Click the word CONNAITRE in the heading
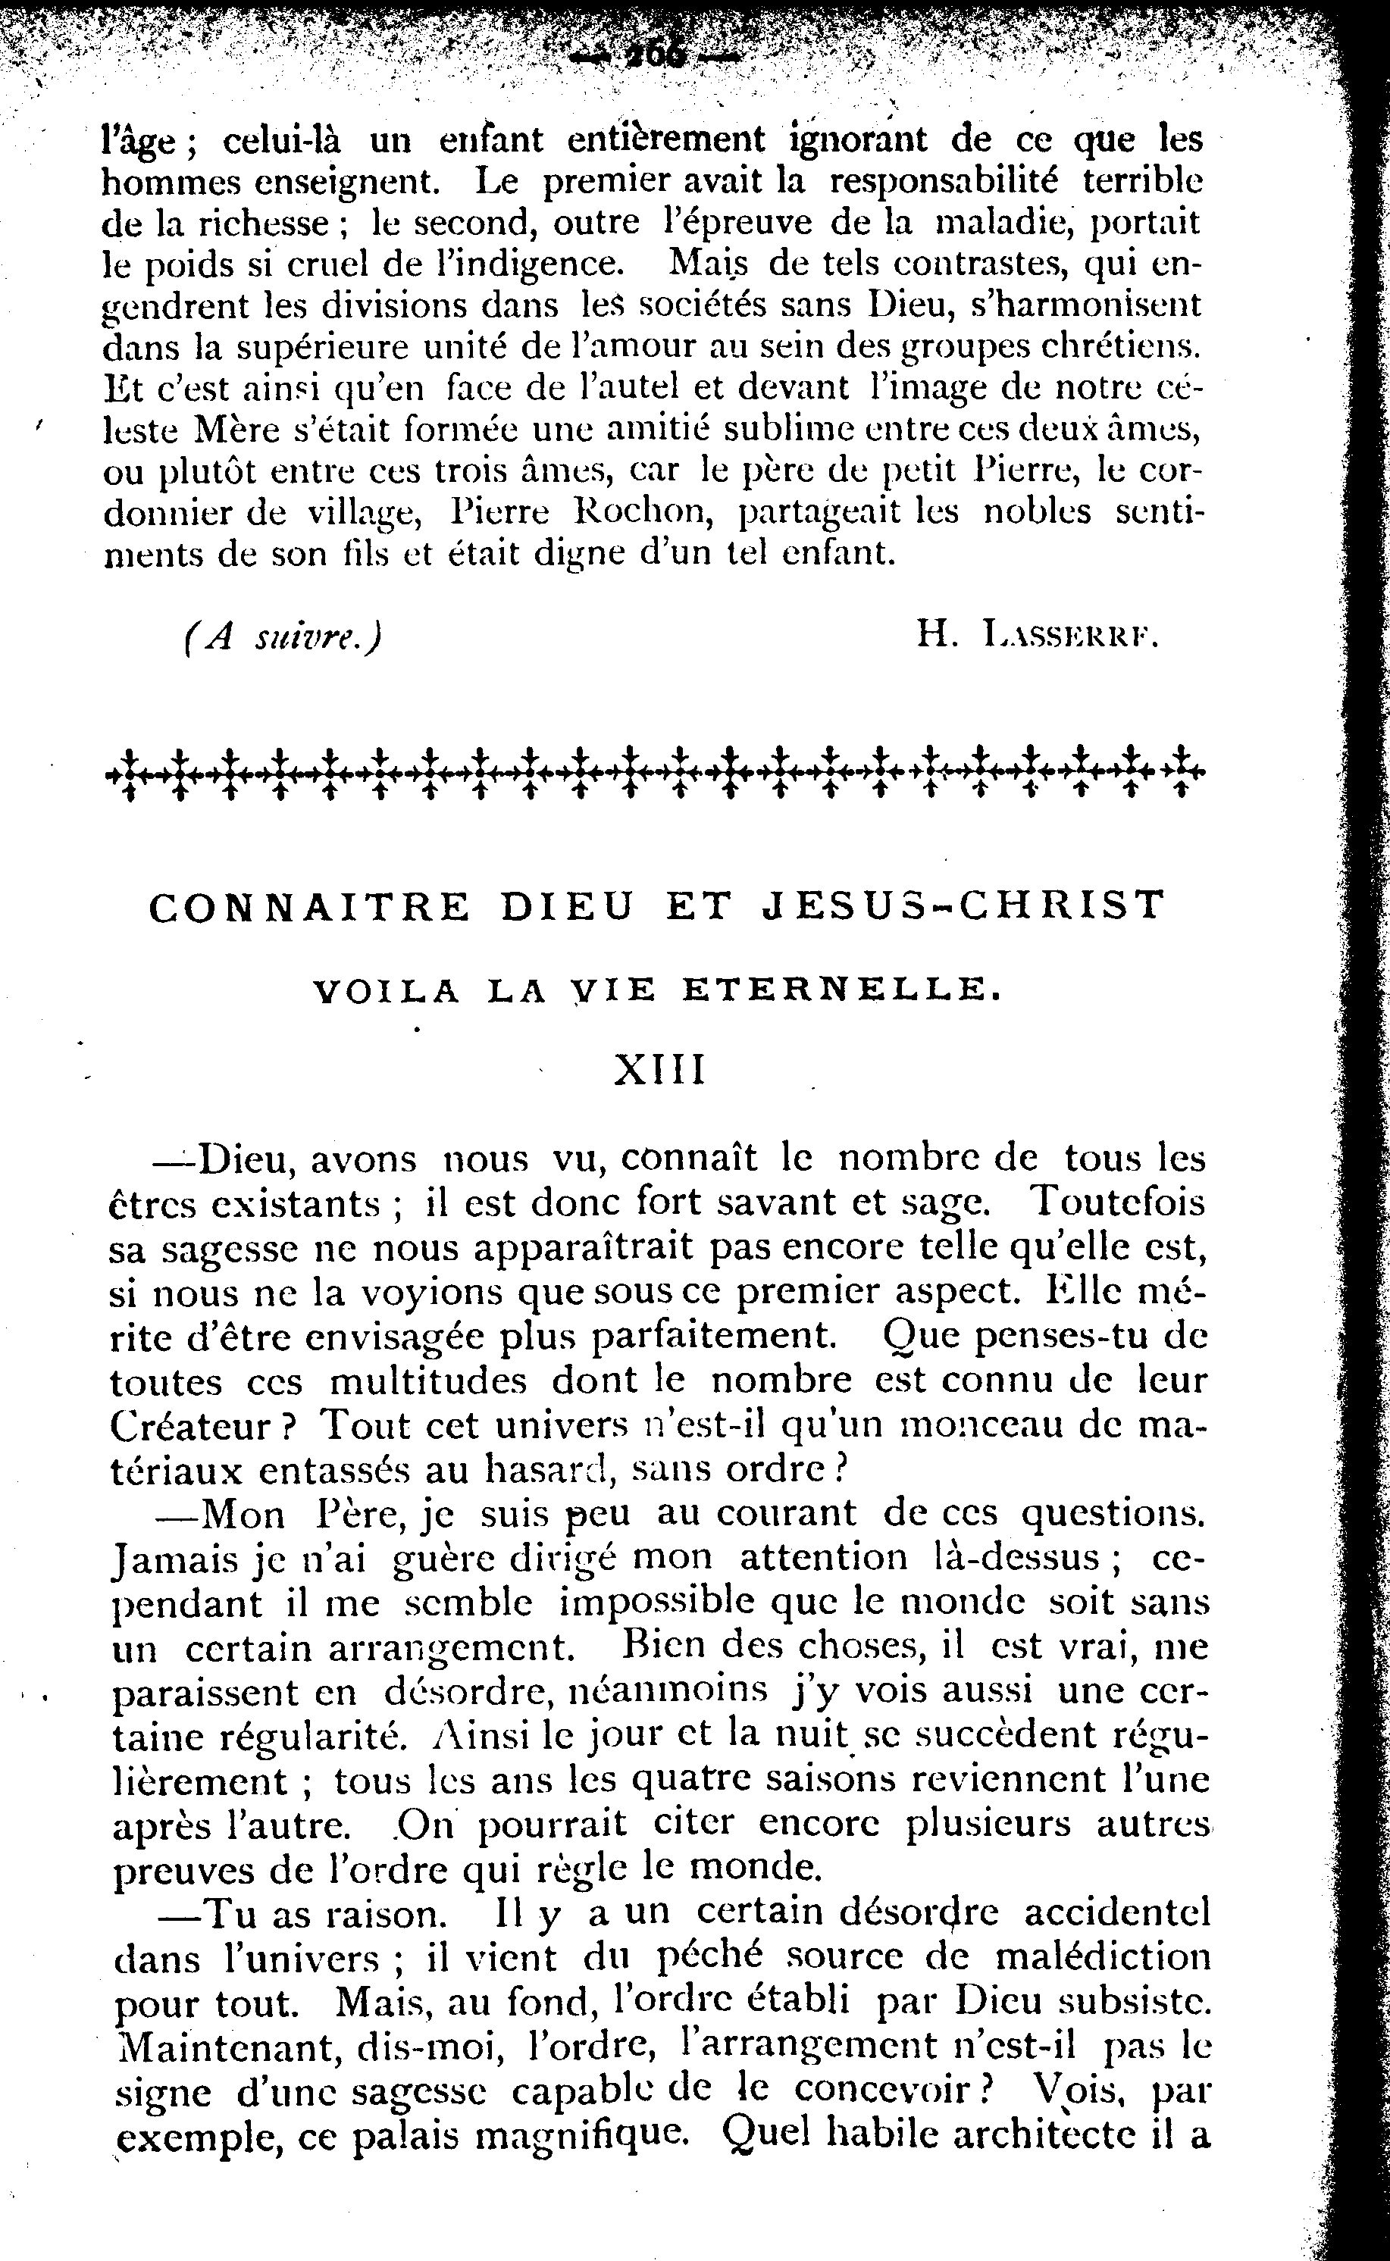tap(310, 906)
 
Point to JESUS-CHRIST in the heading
tap(964, 906)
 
